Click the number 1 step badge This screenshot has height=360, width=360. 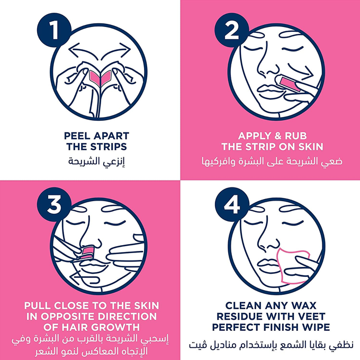[54, 30]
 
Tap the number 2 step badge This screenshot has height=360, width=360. [232, 30]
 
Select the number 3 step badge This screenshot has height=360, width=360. [54, 204]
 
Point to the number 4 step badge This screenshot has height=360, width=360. [232, 204]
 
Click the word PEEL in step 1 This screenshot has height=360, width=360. [77, 136]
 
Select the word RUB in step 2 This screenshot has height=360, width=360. [296, 136]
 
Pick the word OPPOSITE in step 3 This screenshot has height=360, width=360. [69, 317]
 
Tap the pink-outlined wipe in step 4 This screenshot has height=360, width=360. [293, 266]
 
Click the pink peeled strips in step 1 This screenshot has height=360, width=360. [101, 78]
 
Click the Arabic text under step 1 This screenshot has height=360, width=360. [96, 161]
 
